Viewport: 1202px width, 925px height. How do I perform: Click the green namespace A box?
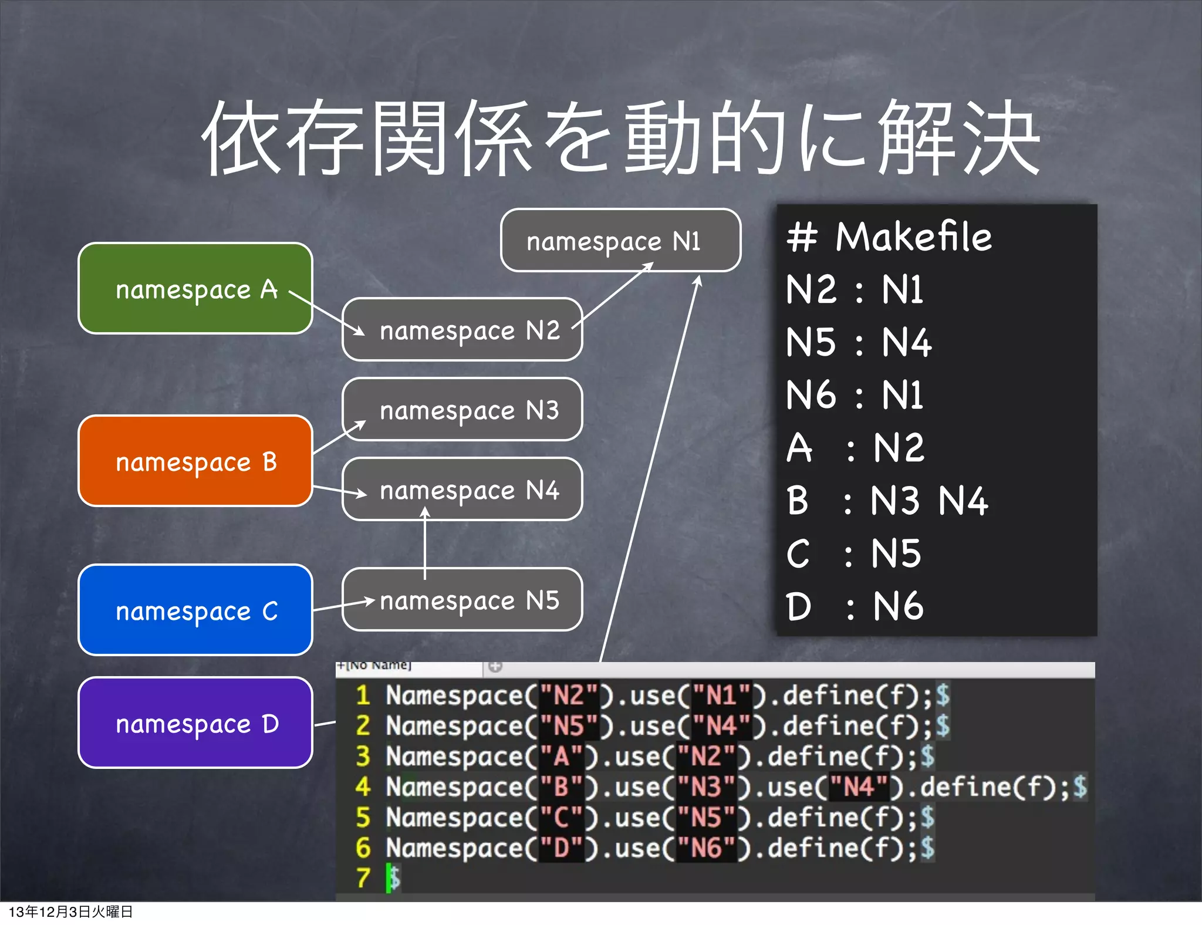pos(195,288)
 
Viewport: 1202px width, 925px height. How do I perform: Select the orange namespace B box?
pos(195,461)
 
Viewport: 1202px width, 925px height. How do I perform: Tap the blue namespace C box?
pos(195,610)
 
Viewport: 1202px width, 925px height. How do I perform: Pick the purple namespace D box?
pos(195,723)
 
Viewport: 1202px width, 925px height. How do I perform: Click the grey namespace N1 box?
pos(620,240)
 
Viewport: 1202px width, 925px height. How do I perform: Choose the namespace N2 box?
pos(462,329)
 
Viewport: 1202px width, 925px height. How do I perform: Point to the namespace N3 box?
pos(462,409)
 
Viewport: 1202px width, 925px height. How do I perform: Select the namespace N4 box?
pos(462,489)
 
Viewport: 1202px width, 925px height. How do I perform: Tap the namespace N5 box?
pos(462,599)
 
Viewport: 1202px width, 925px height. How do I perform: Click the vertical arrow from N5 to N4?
pos(425,543)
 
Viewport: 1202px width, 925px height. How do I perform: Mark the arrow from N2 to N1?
pos(613,295)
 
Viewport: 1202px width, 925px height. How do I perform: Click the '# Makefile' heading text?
pos(889,237)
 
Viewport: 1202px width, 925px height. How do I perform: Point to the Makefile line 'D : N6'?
pos(855,606)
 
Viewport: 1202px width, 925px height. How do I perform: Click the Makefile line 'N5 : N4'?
pos(858,342)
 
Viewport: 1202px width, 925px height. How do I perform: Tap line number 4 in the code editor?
pos(363,786)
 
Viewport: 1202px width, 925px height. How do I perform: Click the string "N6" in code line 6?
pos(707,848)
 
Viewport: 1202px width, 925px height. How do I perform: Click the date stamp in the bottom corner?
pos(70,912)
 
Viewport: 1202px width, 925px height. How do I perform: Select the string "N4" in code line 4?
pos(859,786)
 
